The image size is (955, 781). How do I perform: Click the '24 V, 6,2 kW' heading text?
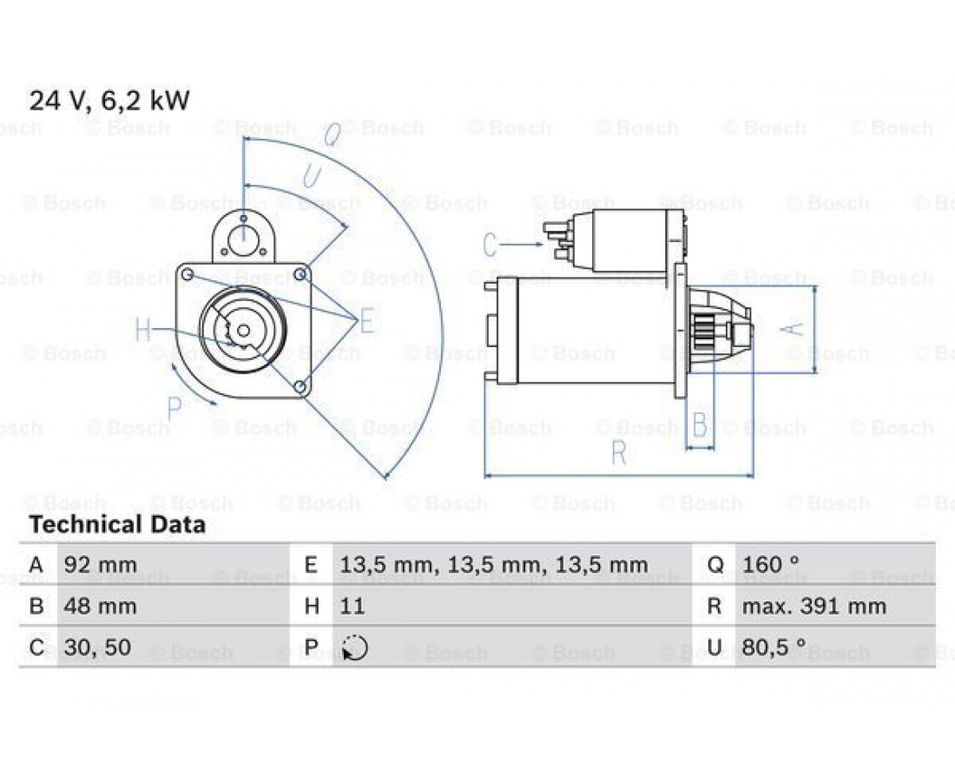tap(109, 101)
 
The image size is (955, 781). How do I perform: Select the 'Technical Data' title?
tap(117, 524)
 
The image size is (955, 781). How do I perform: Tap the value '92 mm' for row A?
tap(100, 565)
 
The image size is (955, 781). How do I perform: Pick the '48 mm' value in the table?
tap(100, 607)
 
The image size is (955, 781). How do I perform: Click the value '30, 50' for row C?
tap(97, 647)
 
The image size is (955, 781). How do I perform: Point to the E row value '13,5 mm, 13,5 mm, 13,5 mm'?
tap(493, 565)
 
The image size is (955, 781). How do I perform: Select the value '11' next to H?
tap(352, 607)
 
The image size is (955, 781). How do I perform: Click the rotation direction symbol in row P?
tap(355, 647)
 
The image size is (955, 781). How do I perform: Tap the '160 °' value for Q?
tap(770, 565)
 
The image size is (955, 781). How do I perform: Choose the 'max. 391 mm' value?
tap(813, 607)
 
